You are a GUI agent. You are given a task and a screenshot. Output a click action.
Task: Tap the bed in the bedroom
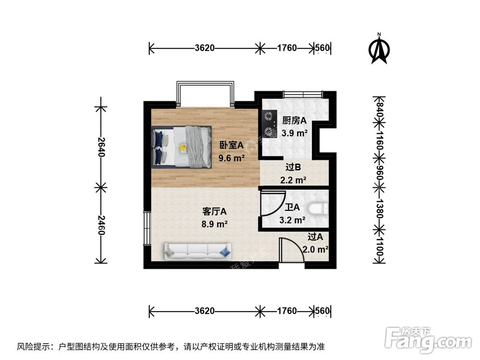(181, 146)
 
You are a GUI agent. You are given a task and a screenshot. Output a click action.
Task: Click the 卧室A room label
(232, 144)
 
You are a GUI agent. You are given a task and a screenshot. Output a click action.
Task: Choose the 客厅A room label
(215, 211)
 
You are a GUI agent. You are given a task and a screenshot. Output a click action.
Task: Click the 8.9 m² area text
(215, 223)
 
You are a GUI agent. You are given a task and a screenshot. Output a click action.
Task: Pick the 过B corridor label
(293, 168)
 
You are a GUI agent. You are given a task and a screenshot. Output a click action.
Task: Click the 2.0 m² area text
(315, 250)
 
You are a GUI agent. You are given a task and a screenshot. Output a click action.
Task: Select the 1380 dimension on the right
(379, 209)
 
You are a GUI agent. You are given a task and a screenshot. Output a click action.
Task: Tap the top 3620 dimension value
(204, 48)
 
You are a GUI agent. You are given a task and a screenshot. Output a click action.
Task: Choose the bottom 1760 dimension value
(287, 311)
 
